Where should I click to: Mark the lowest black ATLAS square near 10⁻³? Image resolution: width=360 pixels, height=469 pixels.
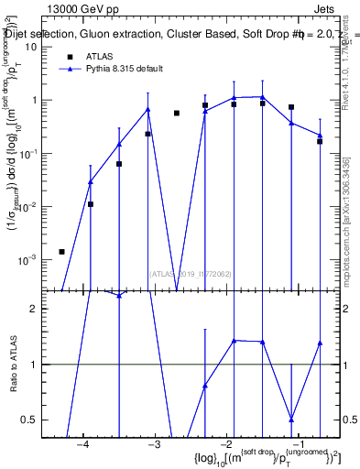click(61, 251)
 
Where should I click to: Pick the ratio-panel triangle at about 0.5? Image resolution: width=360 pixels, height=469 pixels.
click(291, 419)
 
